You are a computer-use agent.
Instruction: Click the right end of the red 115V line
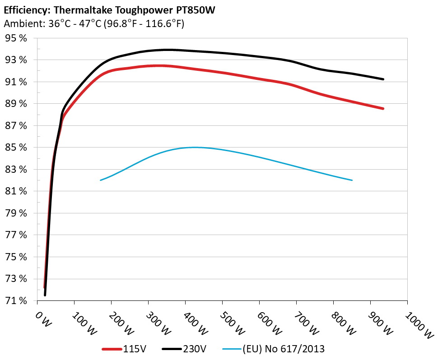(x=383, y=109)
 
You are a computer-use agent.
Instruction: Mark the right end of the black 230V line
(x=383, y=79)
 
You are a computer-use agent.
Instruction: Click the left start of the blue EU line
(x=101, y=180)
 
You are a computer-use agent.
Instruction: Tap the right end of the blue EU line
(x=352, y=180)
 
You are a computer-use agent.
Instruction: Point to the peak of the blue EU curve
(x=194, y=147)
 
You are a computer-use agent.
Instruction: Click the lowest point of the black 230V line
(x=45, y=295)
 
